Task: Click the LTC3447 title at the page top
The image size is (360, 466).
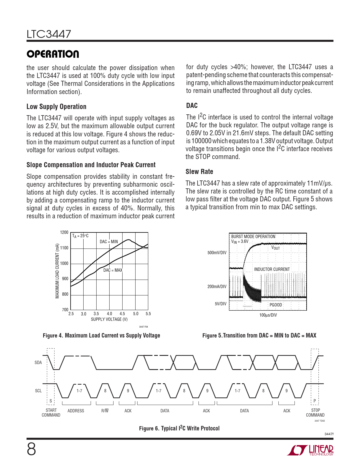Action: (49, 34)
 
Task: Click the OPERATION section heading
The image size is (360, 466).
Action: (53, 54)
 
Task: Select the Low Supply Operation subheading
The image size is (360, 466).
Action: (56, 106)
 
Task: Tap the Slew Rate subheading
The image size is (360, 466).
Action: (199, 171)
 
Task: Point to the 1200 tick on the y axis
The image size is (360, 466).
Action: (64, 232)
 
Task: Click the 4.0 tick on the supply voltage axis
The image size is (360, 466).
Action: (109, 314)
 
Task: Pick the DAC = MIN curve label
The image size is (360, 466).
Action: (109, 242)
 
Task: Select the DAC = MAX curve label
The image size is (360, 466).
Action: (113, 270)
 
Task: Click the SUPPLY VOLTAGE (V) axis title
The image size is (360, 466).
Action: (109, 319)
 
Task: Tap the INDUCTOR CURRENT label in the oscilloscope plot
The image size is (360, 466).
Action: (272, 269)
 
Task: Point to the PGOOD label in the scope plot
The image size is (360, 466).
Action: (276, 305)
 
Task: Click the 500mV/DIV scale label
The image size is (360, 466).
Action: (217, 252)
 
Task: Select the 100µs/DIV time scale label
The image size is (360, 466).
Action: (268, 315)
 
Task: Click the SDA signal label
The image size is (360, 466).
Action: (38, 362)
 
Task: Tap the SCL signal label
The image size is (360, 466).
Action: (38, 391)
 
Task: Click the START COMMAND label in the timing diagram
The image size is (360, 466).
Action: (51, 412)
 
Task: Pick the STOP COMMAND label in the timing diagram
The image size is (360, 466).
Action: (315, 412)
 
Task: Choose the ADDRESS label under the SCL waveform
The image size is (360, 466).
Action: (76, 411)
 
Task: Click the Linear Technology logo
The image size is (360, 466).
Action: (310, 450)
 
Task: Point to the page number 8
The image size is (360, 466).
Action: (31, 450)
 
